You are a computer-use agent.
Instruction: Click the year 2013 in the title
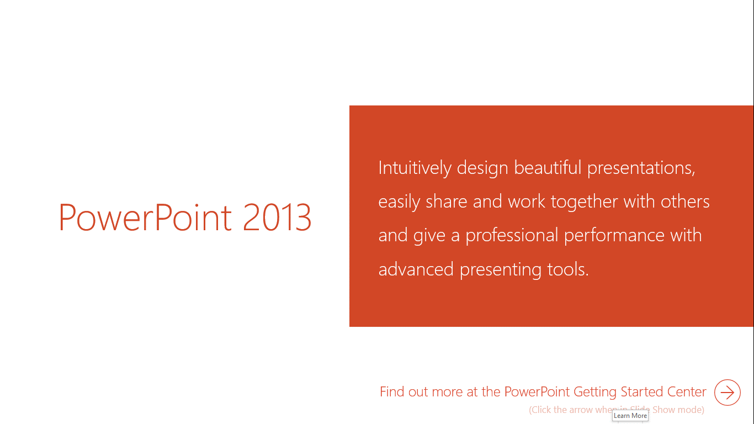point(277,218)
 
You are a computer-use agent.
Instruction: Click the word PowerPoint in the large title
point(145,218)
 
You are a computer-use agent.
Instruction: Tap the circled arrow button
point(728,393)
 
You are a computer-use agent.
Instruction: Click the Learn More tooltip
point(630,416)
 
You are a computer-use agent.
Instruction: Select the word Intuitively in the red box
point(415,168)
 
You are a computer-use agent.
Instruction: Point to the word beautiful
point(548,167)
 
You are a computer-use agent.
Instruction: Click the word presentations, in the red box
point(641,169)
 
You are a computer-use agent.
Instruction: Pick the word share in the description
point(447,202)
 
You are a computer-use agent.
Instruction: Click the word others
point(685,202)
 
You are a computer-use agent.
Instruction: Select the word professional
point(512,236)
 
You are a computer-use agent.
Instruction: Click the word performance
point(614,236)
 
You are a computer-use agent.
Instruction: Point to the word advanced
point(416,269)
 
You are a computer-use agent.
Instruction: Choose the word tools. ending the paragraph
point(568,269)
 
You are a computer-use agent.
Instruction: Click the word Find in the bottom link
point(392,391)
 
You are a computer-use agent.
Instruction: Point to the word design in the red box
point(482,168)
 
